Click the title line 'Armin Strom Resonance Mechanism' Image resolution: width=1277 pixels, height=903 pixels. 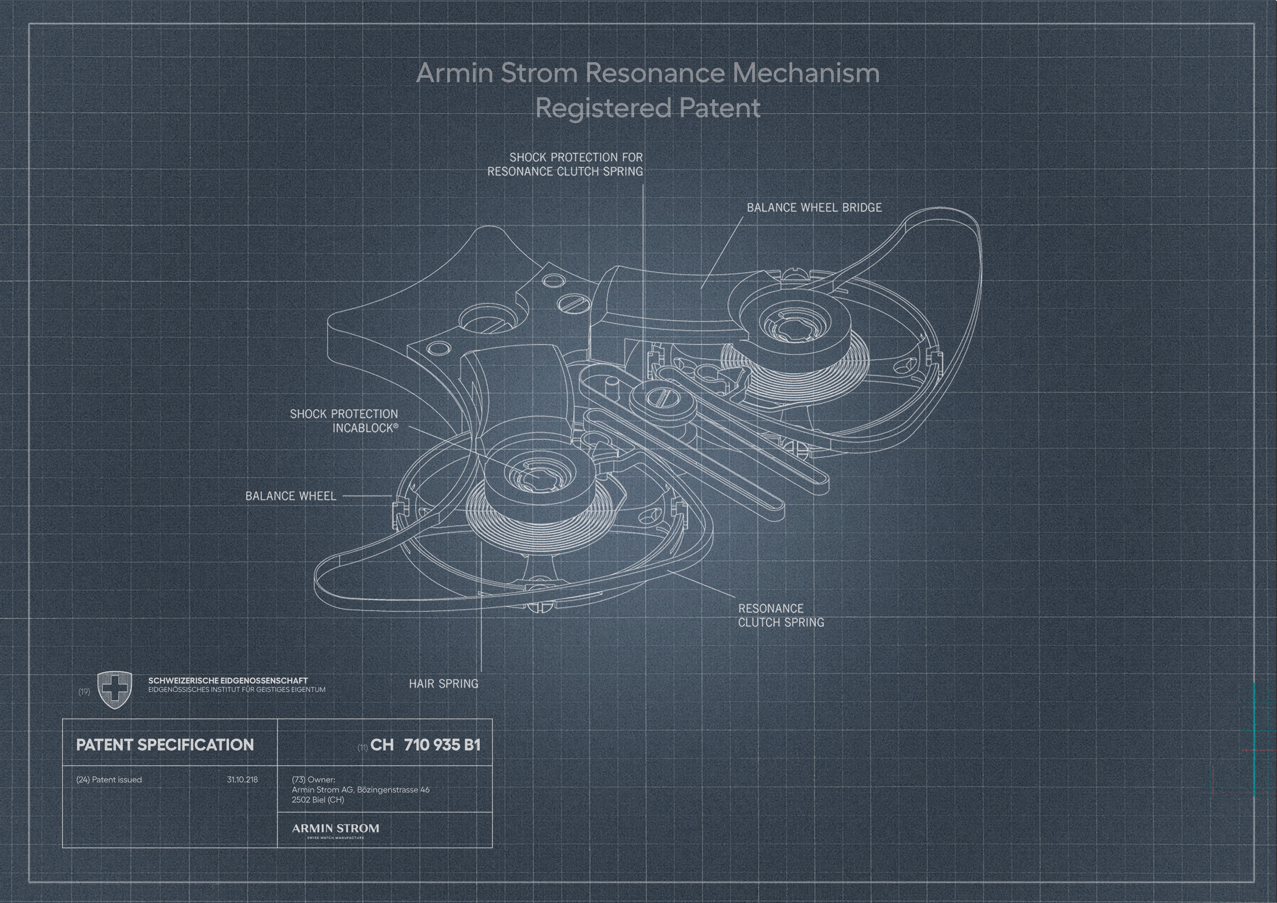click(648, 73)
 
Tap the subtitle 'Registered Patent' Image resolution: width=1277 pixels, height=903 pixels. click(648, 108)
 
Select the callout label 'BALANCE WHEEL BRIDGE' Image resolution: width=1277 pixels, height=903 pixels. click(814, 207)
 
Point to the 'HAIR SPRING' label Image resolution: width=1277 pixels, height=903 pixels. click(443, 683)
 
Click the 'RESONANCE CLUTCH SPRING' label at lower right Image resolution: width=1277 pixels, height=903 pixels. click(781, 615)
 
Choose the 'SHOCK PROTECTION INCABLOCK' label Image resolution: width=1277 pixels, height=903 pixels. click(344, 421)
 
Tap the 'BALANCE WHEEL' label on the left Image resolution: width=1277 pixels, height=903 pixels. click(291, 496)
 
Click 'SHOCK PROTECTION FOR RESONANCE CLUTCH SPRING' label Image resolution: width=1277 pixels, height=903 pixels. click(565, 164)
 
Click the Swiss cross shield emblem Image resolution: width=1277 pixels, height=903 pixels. click(115, 690)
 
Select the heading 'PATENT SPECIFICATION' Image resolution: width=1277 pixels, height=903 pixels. click(164, 745)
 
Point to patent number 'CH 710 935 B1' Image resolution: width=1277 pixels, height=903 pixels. click(425, 745)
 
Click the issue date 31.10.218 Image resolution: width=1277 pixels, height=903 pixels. click(243, 779)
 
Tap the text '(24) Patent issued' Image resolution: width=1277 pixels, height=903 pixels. click(109, 779)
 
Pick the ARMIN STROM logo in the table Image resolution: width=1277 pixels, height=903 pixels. click(336, 830)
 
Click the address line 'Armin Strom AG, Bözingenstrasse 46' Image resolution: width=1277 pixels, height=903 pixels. click(361, 790)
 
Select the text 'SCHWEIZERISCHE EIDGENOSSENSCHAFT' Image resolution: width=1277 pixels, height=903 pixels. click(228, 681)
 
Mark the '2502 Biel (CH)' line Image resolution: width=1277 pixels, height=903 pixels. click(318, 800)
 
